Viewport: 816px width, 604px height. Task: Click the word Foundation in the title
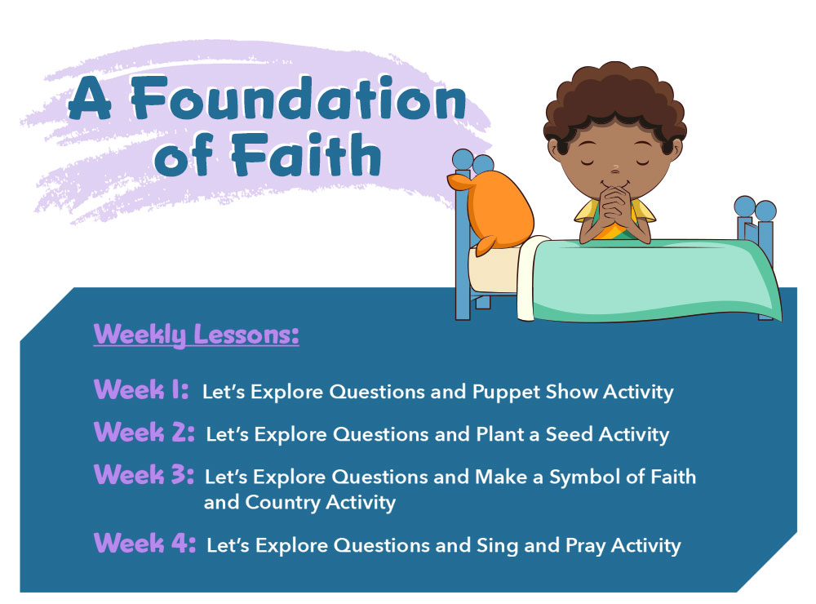298,99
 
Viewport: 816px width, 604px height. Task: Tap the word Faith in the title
307,154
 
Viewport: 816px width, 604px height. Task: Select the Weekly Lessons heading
196,335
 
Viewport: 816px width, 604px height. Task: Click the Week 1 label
141,389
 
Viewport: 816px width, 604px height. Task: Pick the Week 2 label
144,432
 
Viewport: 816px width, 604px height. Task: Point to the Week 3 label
144,474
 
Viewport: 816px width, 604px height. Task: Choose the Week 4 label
144,543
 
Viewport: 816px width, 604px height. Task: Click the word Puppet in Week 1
506,393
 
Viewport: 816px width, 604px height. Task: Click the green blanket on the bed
650,278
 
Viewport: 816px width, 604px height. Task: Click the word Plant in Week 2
499,434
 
